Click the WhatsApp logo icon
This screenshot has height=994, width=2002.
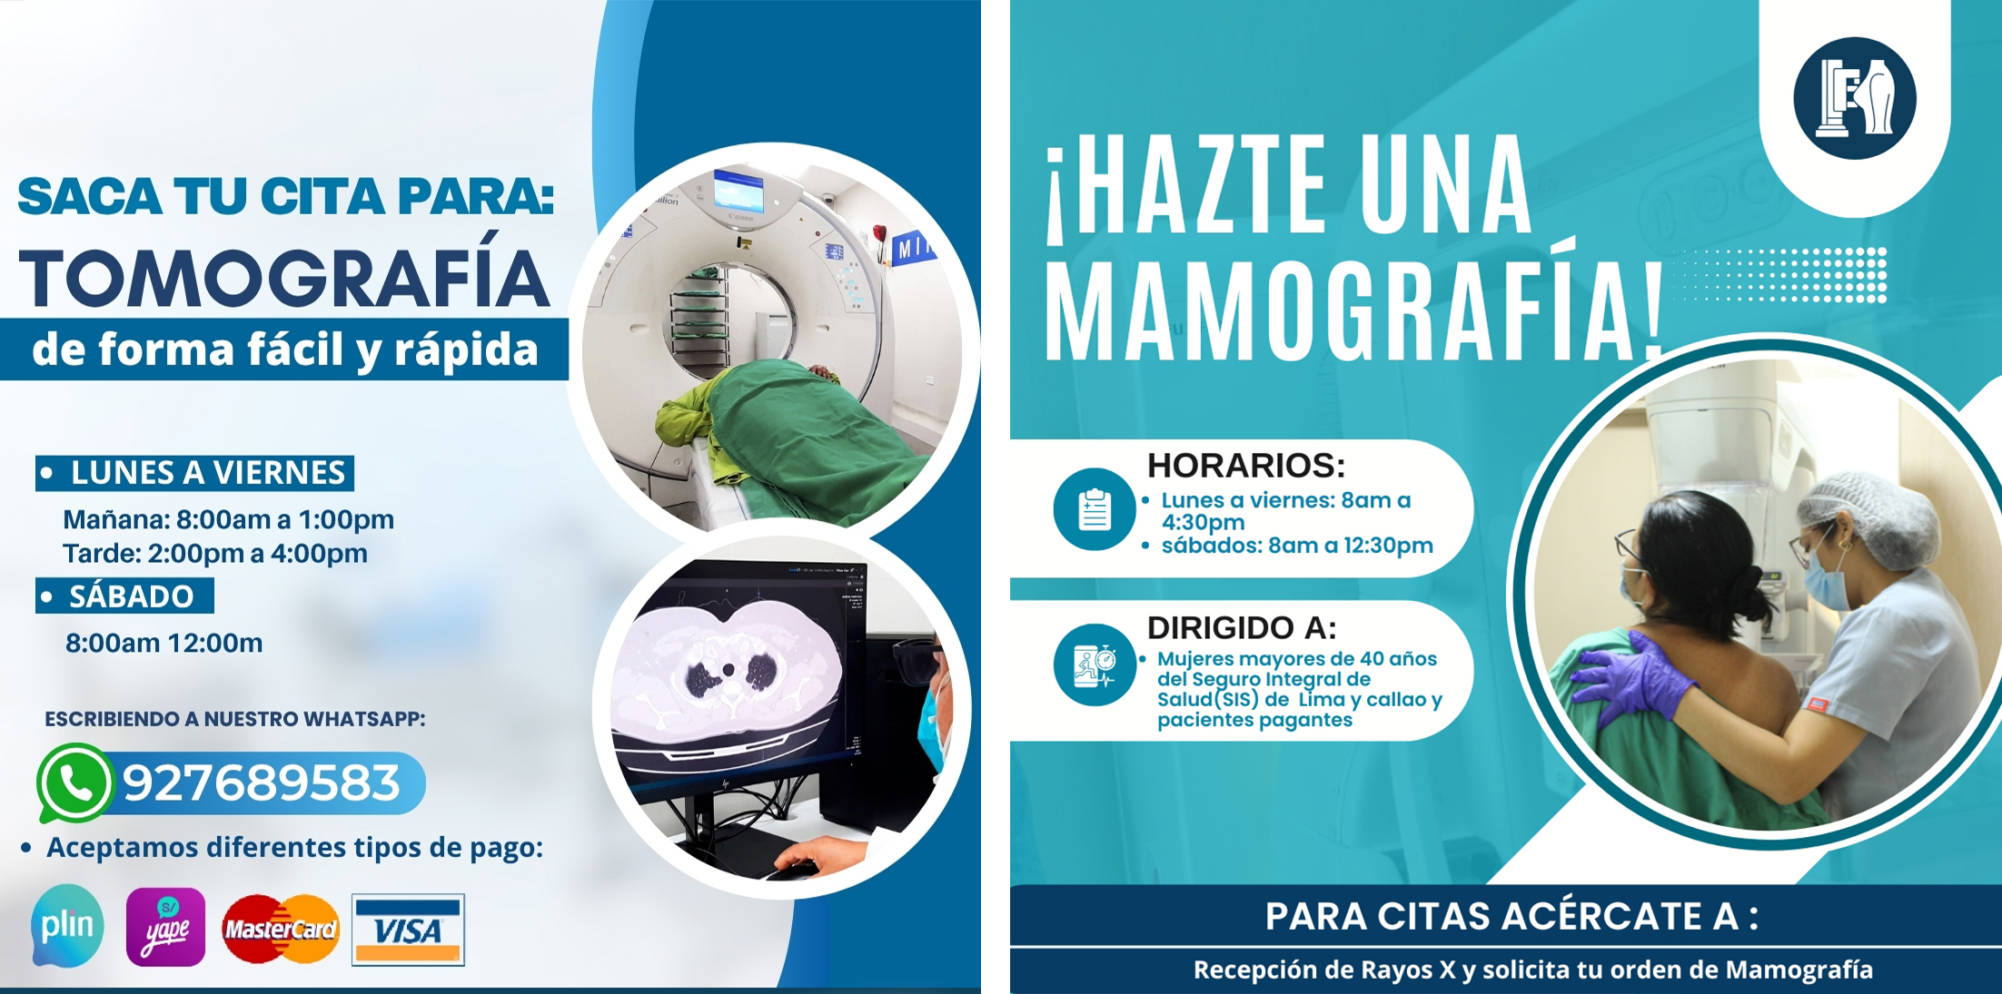74,782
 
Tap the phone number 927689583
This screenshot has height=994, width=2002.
262,782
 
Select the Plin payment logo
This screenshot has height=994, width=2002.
67,926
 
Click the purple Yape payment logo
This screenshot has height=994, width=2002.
165,927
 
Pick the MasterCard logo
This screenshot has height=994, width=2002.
281,929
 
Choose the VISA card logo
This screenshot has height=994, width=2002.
408,930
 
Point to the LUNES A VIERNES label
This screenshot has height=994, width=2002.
208,473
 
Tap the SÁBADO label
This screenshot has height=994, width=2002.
132,595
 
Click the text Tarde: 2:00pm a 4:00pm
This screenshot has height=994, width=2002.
215,553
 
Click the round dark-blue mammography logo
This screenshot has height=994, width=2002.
1855,98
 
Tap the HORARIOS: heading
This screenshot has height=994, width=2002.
1246,465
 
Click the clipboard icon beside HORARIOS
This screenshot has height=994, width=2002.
1095,508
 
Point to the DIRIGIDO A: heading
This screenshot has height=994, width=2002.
1242,627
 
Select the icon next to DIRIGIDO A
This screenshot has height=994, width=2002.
1095,664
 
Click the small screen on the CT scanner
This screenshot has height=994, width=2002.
738,190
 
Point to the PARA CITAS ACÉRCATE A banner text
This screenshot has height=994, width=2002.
1511,917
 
